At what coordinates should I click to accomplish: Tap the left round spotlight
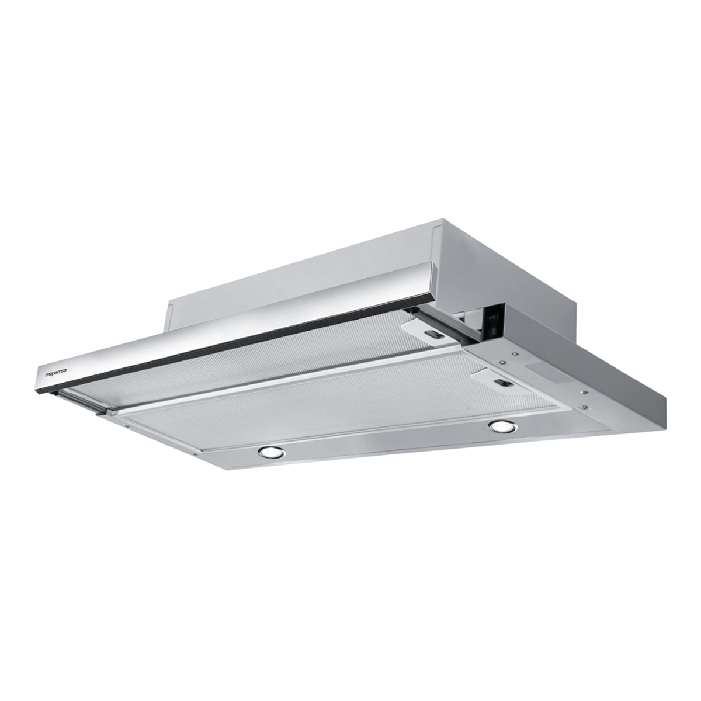(272, 452)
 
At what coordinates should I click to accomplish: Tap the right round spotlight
(502, 426)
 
